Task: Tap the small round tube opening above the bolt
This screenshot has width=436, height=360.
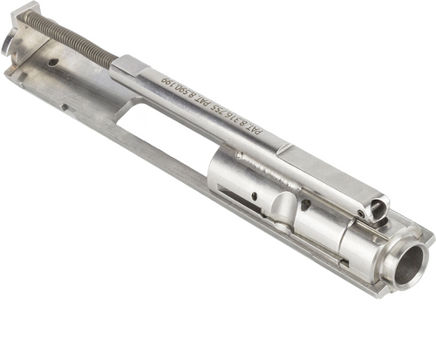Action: [x=378, y=208]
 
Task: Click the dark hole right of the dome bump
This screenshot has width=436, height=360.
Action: [x=306, y=206]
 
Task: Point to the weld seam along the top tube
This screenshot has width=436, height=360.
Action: [x=262, y=161]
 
